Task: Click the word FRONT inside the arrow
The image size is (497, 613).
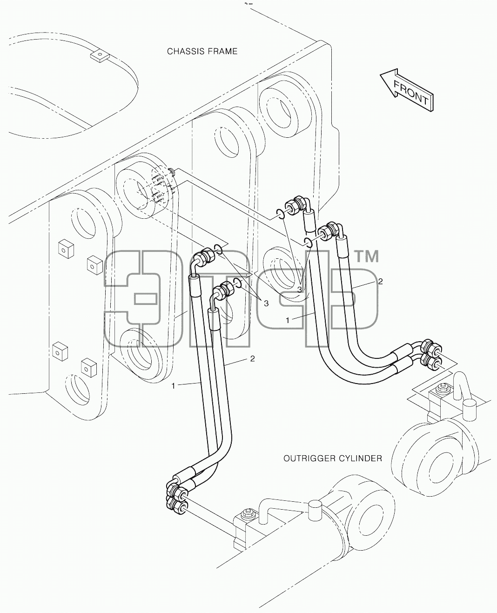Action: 411,93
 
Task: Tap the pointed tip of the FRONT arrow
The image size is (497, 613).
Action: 381,75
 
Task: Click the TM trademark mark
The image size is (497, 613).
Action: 368,257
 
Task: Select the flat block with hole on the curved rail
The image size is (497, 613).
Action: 99,56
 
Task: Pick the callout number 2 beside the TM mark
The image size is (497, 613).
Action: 381,282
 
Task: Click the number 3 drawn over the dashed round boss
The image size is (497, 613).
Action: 300,290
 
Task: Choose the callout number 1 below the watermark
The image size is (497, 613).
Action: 173,386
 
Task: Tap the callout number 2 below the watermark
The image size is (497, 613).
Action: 252,358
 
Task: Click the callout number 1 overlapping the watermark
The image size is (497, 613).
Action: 288,320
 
